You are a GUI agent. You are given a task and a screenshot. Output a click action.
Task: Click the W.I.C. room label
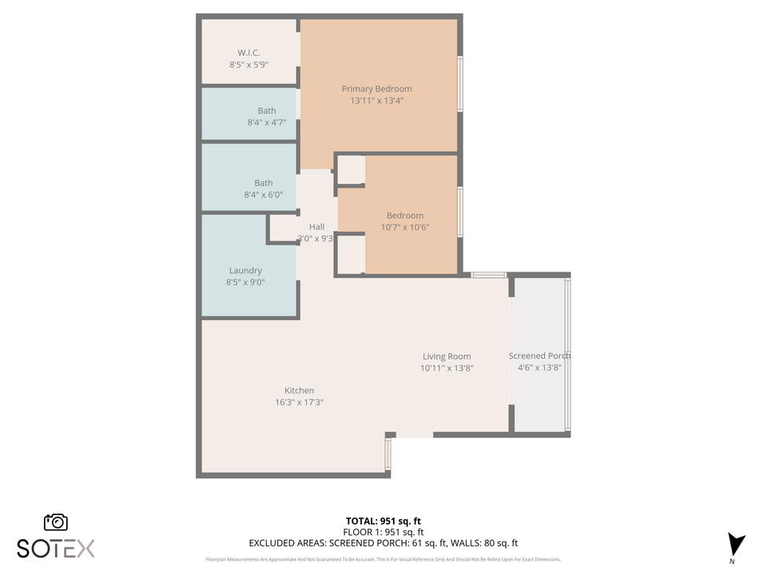coord(248,53)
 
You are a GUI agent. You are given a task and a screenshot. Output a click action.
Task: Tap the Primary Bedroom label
coord(376,89)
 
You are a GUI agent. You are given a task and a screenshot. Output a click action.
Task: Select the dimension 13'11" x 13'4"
coord(376,101)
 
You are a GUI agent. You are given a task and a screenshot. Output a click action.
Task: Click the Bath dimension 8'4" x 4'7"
coord(266,123)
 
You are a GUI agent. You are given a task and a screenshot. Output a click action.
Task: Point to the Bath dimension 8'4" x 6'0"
coord(263,195)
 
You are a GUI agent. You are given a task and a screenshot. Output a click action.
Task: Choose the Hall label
coord(316,227)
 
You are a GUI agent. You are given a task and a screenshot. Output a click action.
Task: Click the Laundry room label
coord(245,271)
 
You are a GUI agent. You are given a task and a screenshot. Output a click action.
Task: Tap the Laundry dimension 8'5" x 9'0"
coord(245,282)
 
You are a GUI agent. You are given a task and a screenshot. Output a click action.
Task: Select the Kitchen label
coord(299,391)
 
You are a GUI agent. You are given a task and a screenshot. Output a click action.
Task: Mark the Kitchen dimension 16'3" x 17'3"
coord(299,402)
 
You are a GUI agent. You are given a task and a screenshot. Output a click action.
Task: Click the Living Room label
coord(447,357)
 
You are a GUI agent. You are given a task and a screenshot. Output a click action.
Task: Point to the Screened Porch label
coord(539,356)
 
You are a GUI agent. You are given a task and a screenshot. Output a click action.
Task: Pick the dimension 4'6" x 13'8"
coord(539,368)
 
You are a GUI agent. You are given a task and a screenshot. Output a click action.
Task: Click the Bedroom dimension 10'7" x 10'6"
coord(404,227)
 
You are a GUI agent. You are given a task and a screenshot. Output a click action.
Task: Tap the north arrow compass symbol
coord(736,545)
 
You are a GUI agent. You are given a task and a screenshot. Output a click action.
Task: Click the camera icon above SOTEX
coord(56,522)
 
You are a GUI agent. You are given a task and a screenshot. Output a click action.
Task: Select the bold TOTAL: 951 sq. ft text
coord(383,521)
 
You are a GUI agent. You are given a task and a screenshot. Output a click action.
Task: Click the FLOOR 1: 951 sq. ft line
coord(383,532)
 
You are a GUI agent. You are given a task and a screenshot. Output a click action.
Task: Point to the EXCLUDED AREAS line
coord(383,543)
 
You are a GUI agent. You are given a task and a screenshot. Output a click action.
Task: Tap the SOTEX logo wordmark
coord(56,548)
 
